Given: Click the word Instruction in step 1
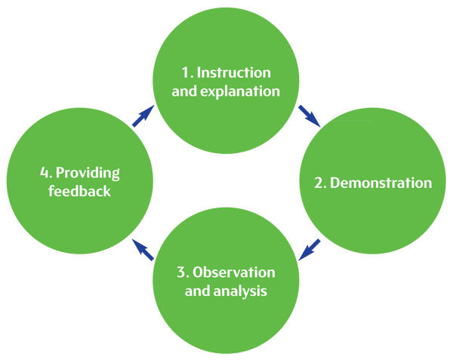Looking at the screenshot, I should point(234,73).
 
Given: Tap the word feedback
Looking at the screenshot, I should point(79,192).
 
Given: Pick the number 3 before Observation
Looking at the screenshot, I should point(181,272).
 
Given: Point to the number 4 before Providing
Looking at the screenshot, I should point(45,174).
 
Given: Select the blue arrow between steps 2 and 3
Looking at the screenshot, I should point(312,248).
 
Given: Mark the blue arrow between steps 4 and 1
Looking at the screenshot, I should point(141,114).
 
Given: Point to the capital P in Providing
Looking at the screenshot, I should point(60,174).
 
